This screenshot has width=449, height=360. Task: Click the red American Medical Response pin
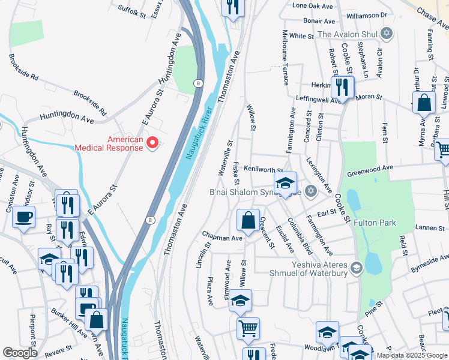point(152,143)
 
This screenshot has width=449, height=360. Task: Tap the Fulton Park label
point(375,223)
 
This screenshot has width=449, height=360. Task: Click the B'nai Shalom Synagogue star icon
point(310,192)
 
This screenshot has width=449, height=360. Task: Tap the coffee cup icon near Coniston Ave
point(23,217)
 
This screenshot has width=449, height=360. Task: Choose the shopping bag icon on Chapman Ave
point(248,220)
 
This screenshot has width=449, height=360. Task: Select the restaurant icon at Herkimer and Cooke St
point(342,87)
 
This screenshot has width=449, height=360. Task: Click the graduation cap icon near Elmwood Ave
point(241,301)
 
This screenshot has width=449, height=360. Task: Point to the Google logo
point(20,353)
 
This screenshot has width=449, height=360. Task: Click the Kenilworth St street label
point(262,172)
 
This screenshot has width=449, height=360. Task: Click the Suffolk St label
point(132,9)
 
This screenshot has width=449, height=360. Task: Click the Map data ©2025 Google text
point(412,355)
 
